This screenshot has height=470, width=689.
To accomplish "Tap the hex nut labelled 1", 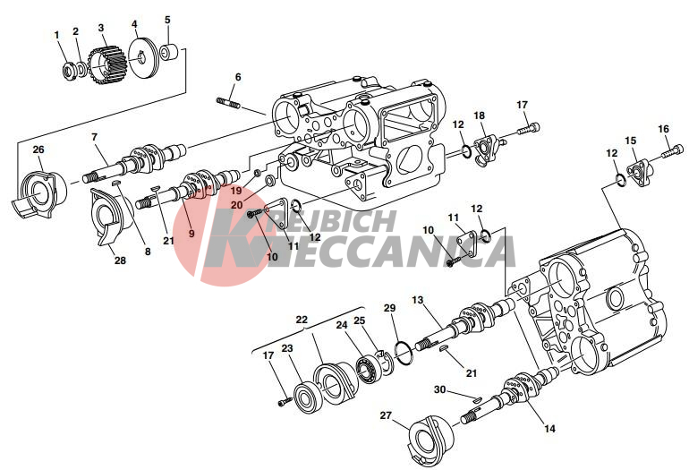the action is (70, 72).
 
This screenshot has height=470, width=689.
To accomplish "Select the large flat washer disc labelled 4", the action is (146, 59).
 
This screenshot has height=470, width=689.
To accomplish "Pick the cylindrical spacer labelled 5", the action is (170, 52).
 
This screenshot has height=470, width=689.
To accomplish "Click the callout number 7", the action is (94, 137).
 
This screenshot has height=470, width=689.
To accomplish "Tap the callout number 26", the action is (38, 150).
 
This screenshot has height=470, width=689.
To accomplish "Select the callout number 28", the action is (120, 261).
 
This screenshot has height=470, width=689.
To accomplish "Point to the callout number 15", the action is (631, 141).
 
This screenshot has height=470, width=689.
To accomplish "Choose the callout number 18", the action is (479, 115).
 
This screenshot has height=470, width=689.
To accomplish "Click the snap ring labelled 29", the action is (404, 352).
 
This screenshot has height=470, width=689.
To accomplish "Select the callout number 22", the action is (302, 320).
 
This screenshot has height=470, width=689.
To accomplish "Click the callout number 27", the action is (386, 415).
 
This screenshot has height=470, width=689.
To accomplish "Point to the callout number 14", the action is (549, 428).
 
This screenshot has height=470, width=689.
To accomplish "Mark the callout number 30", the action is (440, 389).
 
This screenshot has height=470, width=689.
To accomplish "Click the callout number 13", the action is (418, 300).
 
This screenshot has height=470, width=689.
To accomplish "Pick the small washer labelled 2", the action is (81, 69).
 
